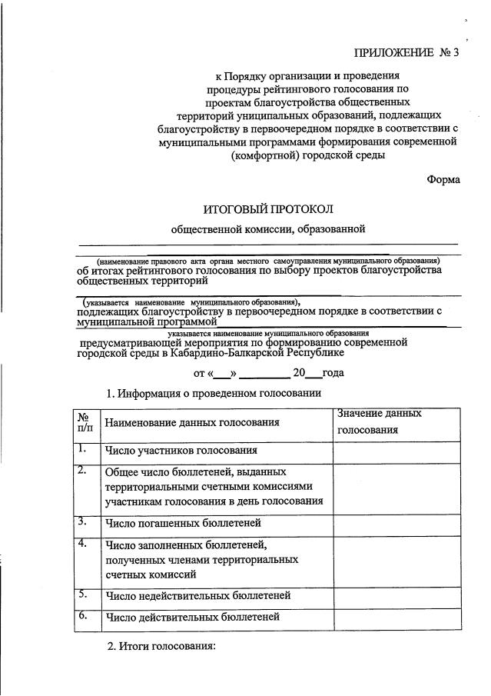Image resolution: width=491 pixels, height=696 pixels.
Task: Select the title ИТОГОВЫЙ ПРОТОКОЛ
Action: (268, 209)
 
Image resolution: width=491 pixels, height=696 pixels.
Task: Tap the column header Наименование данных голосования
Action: (192, 422)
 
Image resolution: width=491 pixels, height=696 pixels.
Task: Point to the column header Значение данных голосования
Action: (380, 421)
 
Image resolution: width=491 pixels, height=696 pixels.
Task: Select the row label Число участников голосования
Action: (181, 451)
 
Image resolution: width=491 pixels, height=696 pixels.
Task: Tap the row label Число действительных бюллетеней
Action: (192, 617)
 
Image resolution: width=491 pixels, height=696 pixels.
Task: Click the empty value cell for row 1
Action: (396, 451)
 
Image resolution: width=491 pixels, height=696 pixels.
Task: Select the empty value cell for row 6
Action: (396, 618)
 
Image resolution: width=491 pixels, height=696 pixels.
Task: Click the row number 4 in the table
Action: (82, 544)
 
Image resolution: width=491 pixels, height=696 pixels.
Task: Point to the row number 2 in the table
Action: (82, 471)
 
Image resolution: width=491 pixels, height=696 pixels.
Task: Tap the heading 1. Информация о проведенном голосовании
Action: (213, 394)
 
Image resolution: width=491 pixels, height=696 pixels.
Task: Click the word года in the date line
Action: (333, 373)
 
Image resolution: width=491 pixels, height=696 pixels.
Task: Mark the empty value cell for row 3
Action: (396, 523)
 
